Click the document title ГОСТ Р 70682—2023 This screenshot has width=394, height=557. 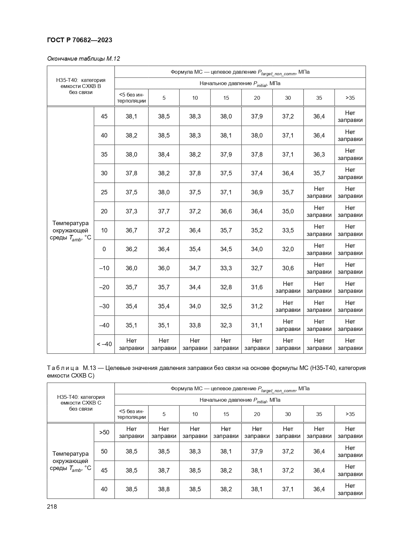click(x=79, y=40)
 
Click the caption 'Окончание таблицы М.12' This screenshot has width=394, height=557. click(x=83, y=59)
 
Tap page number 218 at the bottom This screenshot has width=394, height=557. click(x=52, y=507)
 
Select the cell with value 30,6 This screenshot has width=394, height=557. click(x=288, y=268)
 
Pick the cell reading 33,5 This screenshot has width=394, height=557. click(x=288, y=230)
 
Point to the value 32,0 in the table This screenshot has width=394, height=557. click(x=288, y=249)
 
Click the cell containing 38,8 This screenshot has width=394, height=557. click(x=164, y=489)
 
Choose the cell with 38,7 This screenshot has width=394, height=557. click(x=164, y=470)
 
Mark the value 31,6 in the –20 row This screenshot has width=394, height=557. click(x=257, y=287)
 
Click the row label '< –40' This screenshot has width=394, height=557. click(x=104, y=344)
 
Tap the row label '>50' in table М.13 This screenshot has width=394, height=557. click(x=104, y=432)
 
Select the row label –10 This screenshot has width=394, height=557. click(x=104, y=268)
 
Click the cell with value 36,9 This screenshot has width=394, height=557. click(x=257, y=192)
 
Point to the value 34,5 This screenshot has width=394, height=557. click(x=226, y=249)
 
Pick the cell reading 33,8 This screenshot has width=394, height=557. click(x=195, y=325)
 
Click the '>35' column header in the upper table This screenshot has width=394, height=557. click(x=350, y=98)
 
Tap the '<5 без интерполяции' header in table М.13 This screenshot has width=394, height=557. click(x=131, y=414)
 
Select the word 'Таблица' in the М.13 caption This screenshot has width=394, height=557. click(x=63, y=368)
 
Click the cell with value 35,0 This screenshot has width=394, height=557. click(x=288, y=211)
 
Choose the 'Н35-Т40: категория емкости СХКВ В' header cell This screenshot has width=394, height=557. click(x=81, y=86)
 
